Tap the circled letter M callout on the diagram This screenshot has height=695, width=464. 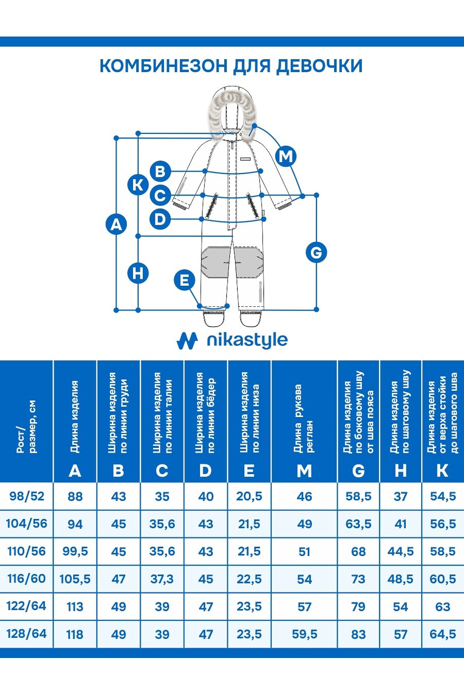coord(286,156)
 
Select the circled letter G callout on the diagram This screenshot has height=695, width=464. coord(316,253)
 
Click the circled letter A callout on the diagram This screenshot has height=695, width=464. coord(116,224)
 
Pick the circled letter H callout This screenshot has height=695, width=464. coord(138,273)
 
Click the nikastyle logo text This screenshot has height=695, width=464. coord(247,340)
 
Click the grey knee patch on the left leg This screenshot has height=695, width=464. coord(215,262)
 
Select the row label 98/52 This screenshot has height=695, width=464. coord(27,496)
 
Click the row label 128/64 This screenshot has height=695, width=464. coord(27,634)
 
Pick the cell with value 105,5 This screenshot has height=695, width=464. coord(75,579)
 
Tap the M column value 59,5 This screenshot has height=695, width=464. coord(304,634)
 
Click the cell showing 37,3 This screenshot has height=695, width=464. coord(162,579)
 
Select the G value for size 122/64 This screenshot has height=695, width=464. coord(358,607)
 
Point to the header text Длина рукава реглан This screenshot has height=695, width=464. coord(304,419)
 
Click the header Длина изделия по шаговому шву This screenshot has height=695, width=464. coord(400,412)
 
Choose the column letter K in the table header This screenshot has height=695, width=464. coord(442,471)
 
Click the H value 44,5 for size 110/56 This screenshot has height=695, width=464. coord(401,551)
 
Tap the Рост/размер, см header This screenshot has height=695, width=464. coord(27,426)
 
